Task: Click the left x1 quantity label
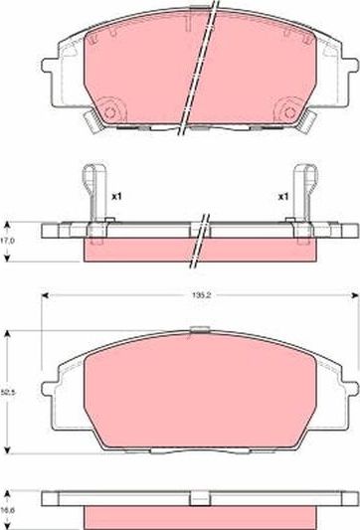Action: (x=116, y=196)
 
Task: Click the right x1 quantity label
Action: (x=283, y=196)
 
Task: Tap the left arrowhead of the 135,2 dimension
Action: (x=44, y=295)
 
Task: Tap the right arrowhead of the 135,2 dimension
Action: (x=353, y=295)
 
